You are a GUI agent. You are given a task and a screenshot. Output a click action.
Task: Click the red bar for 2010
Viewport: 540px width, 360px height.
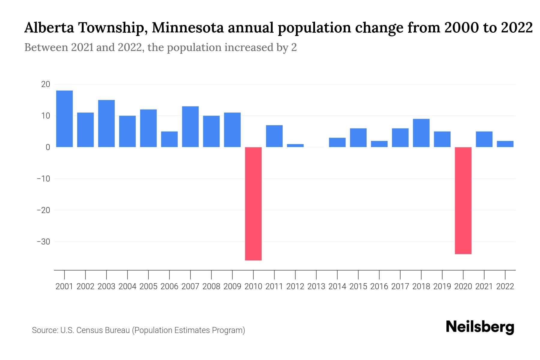[x=253, y=203]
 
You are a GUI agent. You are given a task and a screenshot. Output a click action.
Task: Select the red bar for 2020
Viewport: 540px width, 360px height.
[x=463, y=200]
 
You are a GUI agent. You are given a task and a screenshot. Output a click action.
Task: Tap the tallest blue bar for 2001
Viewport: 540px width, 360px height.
[x=64, y=118]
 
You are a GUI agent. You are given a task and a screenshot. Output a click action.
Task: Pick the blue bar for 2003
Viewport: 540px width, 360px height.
[x=106, y=123]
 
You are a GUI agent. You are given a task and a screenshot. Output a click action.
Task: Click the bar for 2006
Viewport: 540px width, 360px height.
[x=169, y=139]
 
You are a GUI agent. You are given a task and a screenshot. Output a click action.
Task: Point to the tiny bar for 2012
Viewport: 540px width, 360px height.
[x=295, y=145]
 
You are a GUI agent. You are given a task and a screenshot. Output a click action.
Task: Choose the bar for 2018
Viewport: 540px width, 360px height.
[x=421, y=133]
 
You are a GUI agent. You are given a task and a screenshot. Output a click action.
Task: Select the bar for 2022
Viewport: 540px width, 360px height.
[x=505, y=144]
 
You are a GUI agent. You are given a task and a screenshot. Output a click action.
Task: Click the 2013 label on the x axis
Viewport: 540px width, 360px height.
[x=316, y=286]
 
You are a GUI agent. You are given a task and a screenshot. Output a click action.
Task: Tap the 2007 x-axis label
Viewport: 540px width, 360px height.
[x=190, y=286]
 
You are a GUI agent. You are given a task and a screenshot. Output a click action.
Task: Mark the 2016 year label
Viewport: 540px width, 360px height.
[x=379, y=286]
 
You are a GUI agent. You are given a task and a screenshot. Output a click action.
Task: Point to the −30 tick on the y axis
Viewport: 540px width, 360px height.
[x=43, y=242]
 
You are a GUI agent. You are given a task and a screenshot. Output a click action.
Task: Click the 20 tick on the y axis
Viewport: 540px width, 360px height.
[x=46, y=84]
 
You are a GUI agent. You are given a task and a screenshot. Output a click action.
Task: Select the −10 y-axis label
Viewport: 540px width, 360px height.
[x=43, y=179]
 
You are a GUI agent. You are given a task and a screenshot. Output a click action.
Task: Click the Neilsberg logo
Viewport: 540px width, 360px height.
[x=480, y=327]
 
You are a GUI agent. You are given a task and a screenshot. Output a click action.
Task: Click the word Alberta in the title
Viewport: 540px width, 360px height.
[x=49, y=28]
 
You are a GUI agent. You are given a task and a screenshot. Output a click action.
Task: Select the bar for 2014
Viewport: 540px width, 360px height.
[x=337, y=142]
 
